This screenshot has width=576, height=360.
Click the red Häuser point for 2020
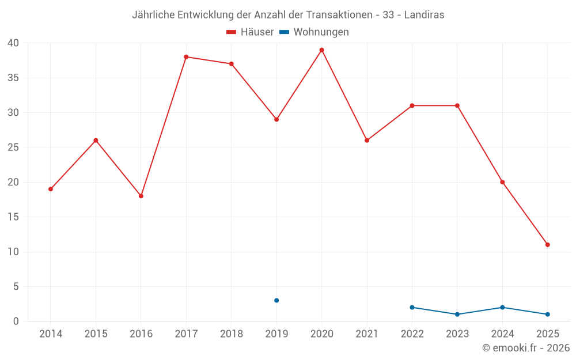pyautogui.click(x=321, y=50)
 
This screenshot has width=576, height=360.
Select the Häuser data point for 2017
pyautogui.click(x=186, y=57)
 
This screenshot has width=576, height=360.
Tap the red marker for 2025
pyautogui.click(x=547, y=245)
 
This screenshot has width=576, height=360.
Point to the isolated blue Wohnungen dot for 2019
pyautogui.click(x=276, y=301)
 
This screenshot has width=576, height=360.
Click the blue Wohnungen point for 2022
pyautogui.click(x=412, y=308)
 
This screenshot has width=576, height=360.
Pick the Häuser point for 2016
pyautogui.click(x=141, y=196)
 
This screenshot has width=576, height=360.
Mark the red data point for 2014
pyautogui.click(x=51, y=189)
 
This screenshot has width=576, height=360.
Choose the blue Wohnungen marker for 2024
pyautogui.click(x=502, y=308)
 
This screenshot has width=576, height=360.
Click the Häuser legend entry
pyautogui.click(x=250, y=32)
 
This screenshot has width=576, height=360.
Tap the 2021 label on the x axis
pyautogui.click(x=367, y=334)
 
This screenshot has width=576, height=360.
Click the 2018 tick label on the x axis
pyautogui.click(x=231, y=334)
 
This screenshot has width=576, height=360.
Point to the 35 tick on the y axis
pyautogui.click(x=13, y=78)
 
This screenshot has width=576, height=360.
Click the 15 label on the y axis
pyautogui.click(x=13, y=217)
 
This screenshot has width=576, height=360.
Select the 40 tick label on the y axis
pyautogui.click(x=13, y=43)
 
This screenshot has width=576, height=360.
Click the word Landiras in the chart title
pyautogui.click(x=424, y=15)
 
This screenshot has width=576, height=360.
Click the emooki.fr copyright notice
pyautogui.click(x=526, y=348)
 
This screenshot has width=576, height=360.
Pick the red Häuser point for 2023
pyautogui.click(x=457, y=105)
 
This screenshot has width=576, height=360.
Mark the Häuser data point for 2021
pyautogui.click(x=367, y=141)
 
